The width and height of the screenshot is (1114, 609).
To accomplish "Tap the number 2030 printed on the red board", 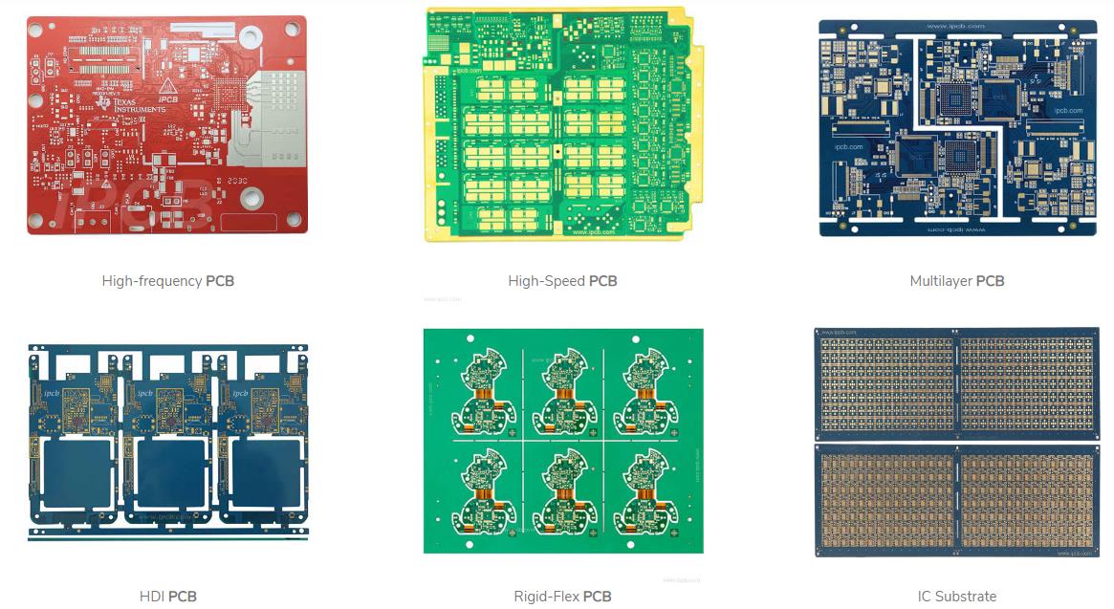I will pyautogui.click(x=235, y=180).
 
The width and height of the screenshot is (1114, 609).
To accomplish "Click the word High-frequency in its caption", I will pyautogui.click(x=151, y=281).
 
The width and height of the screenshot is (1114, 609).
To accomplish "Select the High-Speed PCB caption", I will pyautogui.click(x=562, y=281).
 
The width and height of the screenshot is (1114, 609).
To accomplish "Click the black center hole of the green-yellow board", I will pyautogui.click(x=556, y=150).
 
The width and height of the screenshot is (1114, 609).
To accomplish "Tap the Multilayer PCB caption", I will pyautogui.click(x=956, y=281).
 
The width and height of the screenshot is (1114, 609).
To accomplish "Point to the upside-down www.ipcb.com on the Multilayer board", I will pyautogui.click(x=956, y=229).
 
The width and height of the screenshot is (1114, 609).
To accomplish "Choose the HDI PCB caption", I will pyautogui.click(x=167, y=597).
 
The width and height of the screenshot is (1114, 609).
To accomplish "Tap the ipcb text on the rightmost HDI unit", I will pyautogui.click(x=235, y=393).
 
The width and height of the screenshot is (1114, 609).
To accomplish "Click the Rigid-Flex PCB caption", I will pyautogui.click(x=562, y=597).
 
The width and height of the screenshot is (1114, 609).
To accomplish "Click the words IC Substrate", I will pyautogui.click(x=956, y=597).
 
